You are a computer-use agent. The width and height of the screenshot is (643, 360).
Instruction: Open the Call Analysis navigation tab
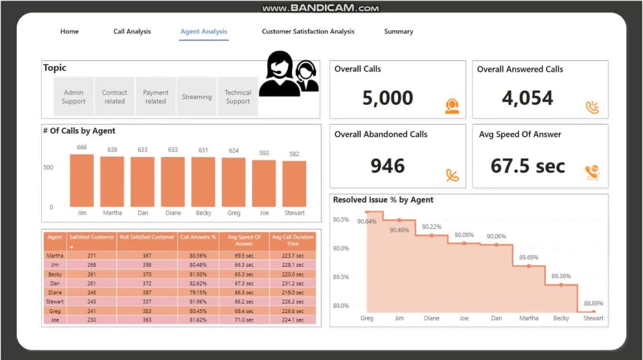(x=132, y=32)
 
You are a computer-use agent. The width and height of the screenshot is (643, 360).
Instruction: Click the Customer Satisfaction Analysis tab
(x=308, y=32)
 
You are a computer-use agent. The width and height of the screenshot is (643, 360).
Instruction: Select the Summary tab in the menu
(x=399, y=32)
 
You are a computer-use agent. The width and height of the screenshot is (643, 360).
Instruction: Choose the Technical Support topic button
(x=238, y=97)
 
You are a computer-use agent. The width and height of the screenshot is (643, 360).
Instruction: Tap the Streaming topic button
(x=197, y=97)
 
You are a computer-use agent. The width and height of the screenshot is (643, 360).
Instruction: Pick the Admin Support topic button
(x=73, y=97)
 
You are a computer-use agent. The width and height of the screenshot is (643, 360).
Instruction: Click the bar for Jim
(x=82, y=181)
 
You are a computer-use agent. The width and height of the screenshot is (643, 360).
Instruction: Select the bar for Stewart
(x=294, y=184)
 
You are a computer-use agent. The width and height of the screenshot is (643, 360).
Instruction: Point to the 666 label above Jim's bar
(x=82, y=148)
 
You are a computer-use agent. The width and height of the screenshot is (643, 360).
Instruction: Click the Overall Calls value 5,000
(x=388, y=98)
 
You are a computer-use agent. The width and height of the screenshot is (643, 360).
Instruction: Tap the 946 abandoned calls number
(x=388, y=166)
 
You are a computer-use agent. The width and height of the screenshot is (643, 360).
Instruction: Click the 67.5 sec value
(x=528, y=166)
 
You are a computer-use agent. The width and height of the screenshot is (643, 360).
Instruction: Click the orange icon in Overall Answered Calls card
(x=592, y=107)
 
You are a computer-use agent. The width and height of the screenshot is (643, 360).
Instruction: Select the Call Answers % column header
(x=198, y=237)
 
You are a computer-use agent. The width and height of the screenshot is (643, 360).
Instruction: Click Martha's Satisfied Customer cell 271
(x=93, y=256)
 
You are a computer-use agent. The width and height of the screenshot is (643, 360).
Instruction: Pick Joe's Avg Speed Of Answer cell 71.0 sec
(x=244, y=319)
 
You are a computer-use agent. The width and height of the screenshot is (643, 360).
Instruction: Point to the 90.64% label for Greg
(x=367, y=222)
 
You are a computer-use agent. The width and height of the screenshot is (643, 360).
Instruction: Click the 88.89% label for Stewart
(x=593, y=303)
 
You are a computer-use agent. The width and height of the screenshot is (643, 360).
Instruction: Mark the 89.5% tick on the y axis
(x=341, y=277)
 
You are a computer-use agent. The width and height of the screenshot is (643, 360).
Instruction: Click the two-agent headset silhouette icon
(x=289, y=75)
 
